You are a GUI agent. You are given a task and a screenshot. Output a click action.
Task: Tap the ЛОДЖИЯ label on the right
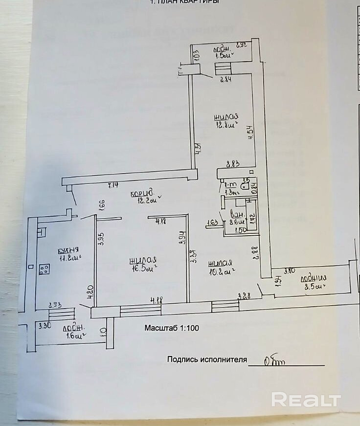pyautogui.click(x=313, y=278)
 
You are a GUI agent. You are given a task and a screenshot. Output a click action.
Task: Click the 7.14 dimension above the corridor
pyautogui.click(x=113, y=185)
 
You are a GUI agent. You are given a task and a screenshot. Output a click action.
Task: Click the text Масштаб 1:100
pyautogui.click(x=172, y=328)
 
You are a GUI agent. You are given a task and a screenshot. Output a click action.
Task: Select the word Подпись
pyautogui.click(x=182, y=359)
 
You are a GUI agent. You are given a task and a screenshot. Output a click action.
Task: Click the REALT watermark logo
pyautogui.click(x=306, y=399)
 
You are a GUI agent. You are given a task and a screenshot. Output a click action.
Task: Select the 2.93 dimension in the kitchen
pyautogui.click(x=54, y=305)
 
